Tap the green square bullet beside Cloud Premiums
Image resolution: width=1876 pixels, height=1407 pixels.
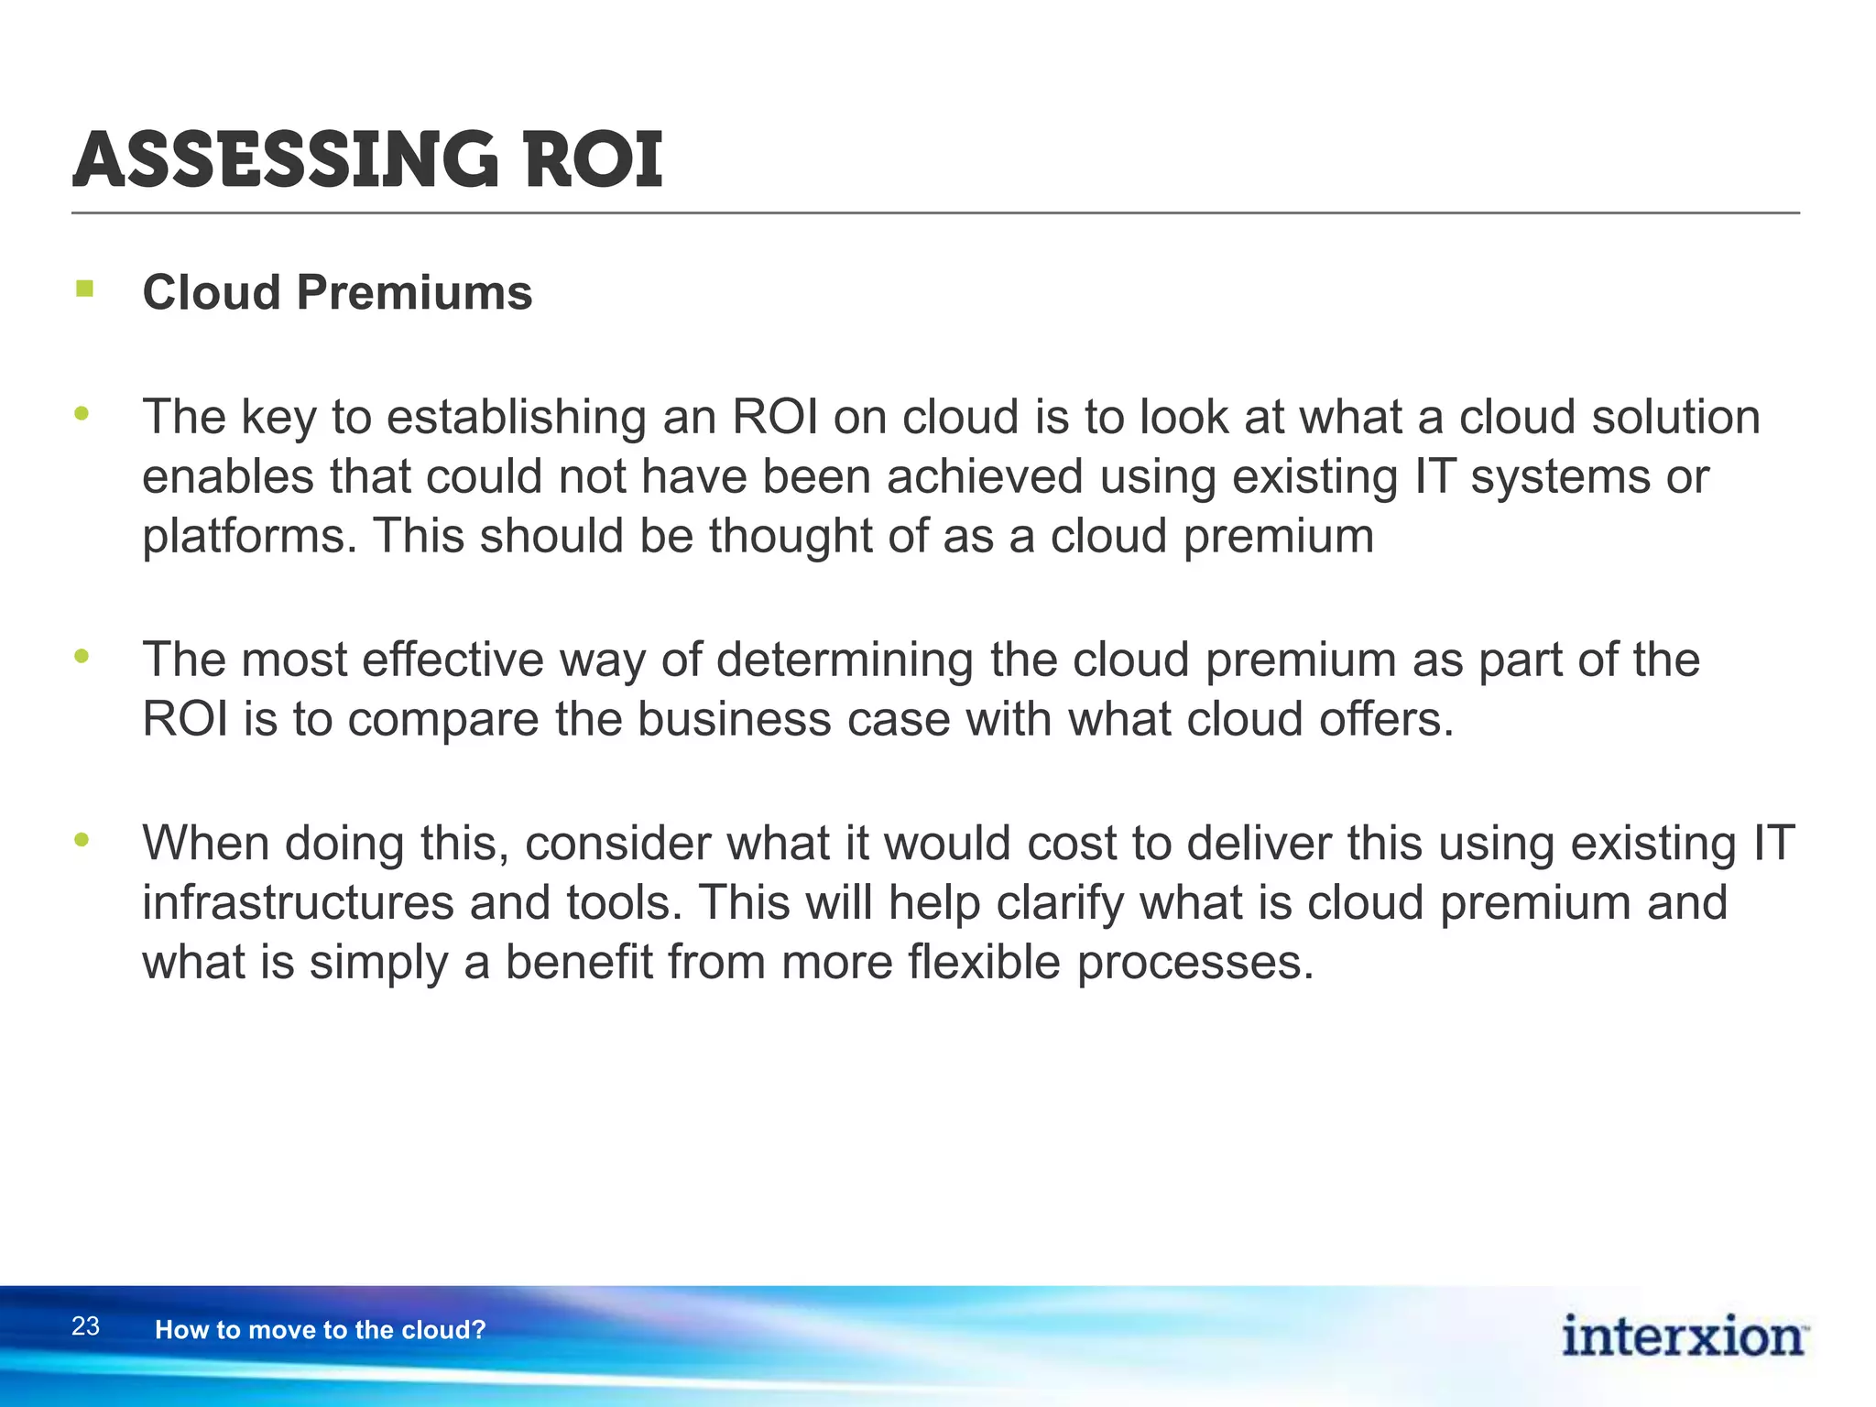(x=85, y=289)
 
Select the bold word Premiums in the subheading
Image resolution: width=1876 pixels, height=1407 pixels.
(x=414, y=293)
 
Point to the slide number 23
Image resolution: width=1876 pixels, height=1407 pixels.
(x=85, y=1326)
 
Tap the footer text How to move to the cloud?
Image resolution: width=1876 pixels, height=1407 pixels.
(x=320, y=1330)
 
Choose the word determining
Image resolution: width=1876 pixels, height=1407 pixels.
(x=844, y=660)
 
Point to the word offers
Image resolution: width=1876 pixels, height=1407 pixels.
(x=1386, y=719)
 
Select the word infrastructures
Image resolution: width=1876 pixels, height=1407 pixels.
(x=298, y=903)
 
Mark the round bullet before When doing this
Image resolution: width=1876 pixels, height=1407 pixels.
(x=82, y=840)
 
